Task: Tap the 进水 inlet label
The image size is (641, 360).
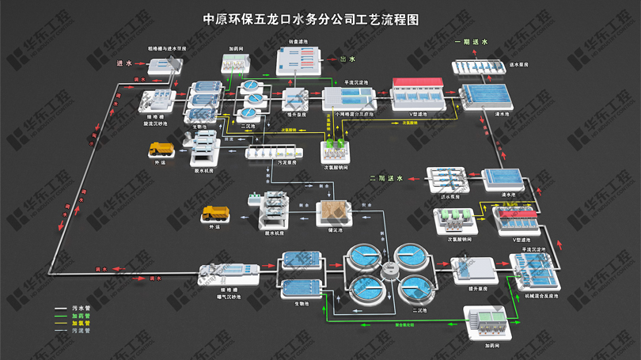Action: point(124,63)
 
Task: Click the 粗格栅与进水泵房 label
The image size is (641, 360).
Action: point(167,48)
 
